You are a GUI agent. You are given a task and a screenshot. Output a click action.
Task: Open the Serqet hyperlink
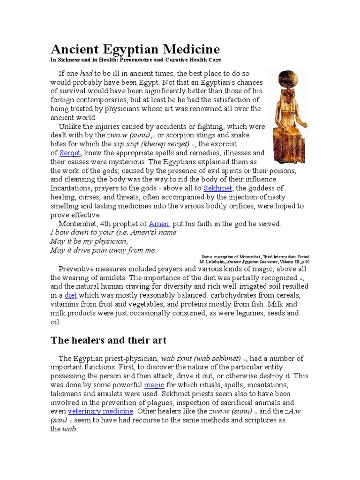coord(70,153)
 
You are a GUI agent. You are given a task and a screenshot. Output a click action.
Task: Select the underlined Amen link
coord(158,224)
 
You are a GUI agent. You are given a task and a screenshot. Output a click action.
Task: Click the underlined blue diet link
coord(70,295)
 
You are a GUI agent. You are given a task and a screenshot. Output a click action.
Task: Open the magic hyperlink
coord(154,385)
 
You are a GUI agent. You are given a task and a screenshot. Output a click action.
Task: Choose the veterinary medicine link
coord(101,411)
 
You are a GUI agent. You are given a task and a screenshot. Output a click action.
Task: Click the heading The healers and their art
coord(108,340)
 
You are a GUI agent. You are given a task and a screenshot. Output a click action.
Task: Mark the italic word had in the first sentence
coord(86,74)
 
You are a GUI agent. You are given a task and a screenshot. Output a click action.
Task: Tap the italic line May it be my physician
coord(89,241)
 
